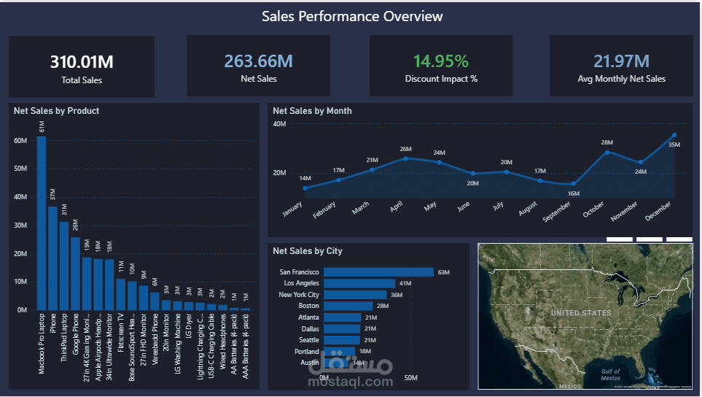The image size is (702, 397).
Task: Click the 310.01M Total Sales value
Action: point(82,62)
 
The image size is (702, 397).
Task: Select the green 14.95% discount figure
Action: point(441,61)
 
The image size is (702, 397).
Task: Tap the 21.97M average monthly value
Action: point(621,61)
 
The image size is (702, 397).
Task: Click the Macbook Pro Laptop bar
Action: point(42,223)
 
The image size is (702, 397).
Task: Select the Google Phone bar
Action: point(75,273)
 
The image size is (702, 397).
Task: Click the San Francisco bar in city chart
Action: point(378,272)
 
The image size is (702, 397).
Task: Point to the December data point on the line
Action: point(674,135)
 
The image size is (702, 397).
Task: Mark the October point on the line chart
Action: point(607,152)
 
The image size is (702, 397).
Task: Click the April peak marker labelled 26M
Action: point(405,158)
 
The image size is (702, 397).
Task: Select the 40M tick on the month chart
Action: point(279,124)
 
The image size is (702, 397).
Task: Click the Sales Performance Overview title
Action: point(352,16)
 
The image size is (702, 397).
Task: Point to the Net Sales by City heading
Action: point(307,251)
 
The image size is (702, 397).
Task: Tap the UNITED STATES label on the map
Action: point(581,313)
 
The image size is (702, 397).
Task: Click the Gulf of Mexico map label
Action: point(611,375)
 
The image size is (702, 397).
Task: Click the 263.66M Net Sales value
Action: point(258,62)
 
